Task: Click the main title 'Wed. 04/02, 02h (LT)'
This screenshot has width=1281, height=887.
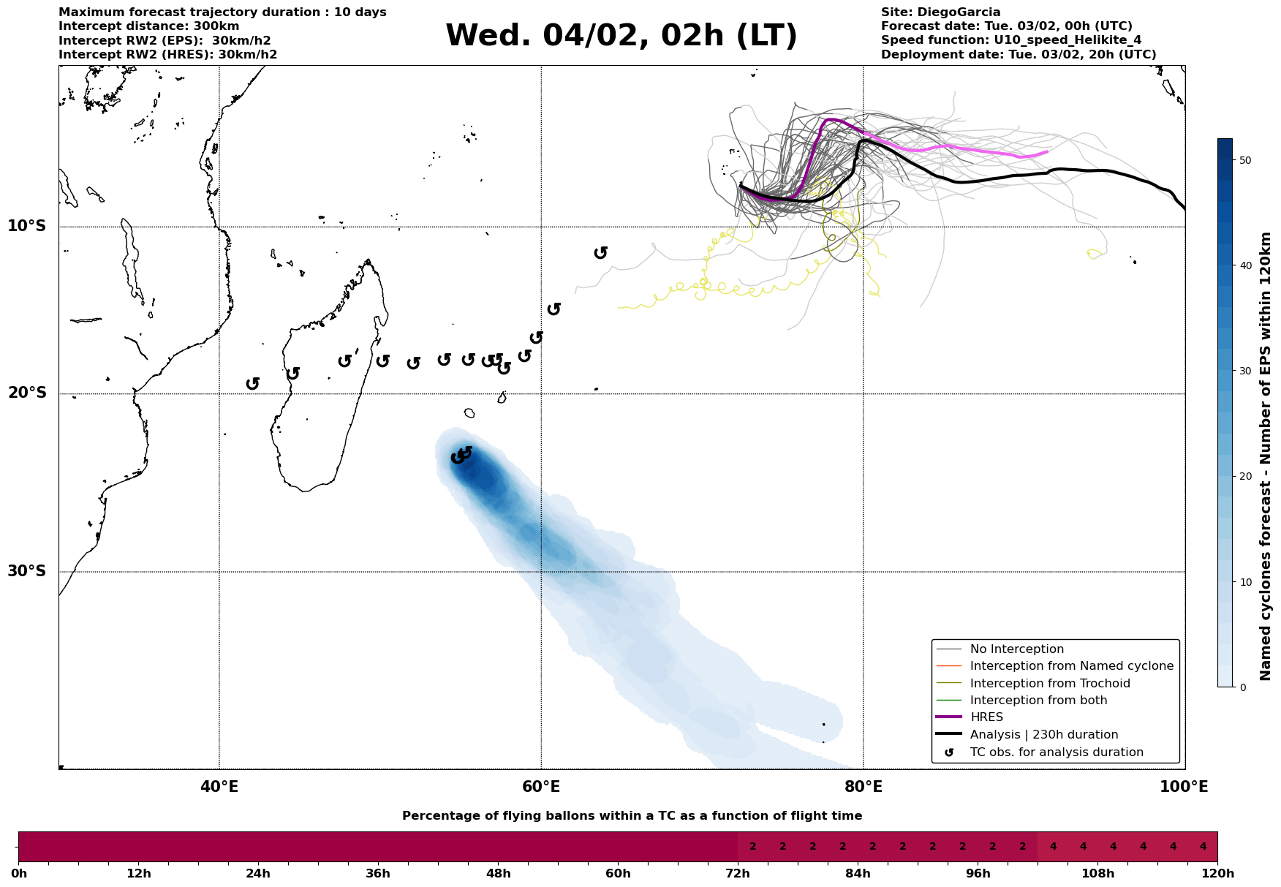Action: [621, 36]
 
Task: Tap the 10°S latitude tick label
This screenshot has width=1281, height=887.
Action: [27, 226]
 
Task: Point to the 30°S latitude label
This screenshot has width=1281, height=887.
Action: [27, 571]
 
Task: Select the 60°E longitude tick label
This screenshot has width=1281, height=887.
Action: [541, 787]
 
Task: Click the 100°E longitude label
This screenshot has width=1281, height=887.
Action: [1184, 787]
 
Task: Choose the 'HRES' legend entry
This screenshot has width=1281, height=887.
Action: [986, 717]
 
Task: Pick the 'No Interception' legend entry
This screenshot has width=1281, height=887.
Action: [1016, 649]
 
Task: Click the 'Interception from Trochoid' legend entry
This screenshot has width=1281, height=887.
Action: [1049, 684]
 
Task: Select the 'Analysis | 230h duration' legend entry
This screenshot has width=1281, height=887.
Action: [1043, 735]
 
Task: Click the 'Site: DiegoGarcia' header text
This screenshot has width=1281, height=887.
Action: [940, 12]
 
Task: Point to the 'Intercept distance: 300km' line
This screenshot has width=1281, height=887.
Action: [148, 26]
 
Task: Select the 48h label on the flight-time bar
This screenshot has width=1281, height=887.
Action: [498, 873]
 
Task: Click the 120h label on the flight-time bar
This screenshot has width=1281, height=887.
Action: [1217, 873]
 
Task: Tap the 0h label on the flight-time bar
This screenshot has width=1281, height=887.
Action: [19, 873]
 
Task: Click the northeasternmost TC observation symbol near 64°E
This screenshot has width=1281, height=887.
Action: [601, 252]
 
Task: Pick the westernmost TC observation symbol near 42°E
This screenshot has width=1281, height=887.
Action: [253, 383]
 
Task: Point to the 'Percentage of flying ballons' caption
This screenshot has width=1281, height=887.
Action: [632, 816]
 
